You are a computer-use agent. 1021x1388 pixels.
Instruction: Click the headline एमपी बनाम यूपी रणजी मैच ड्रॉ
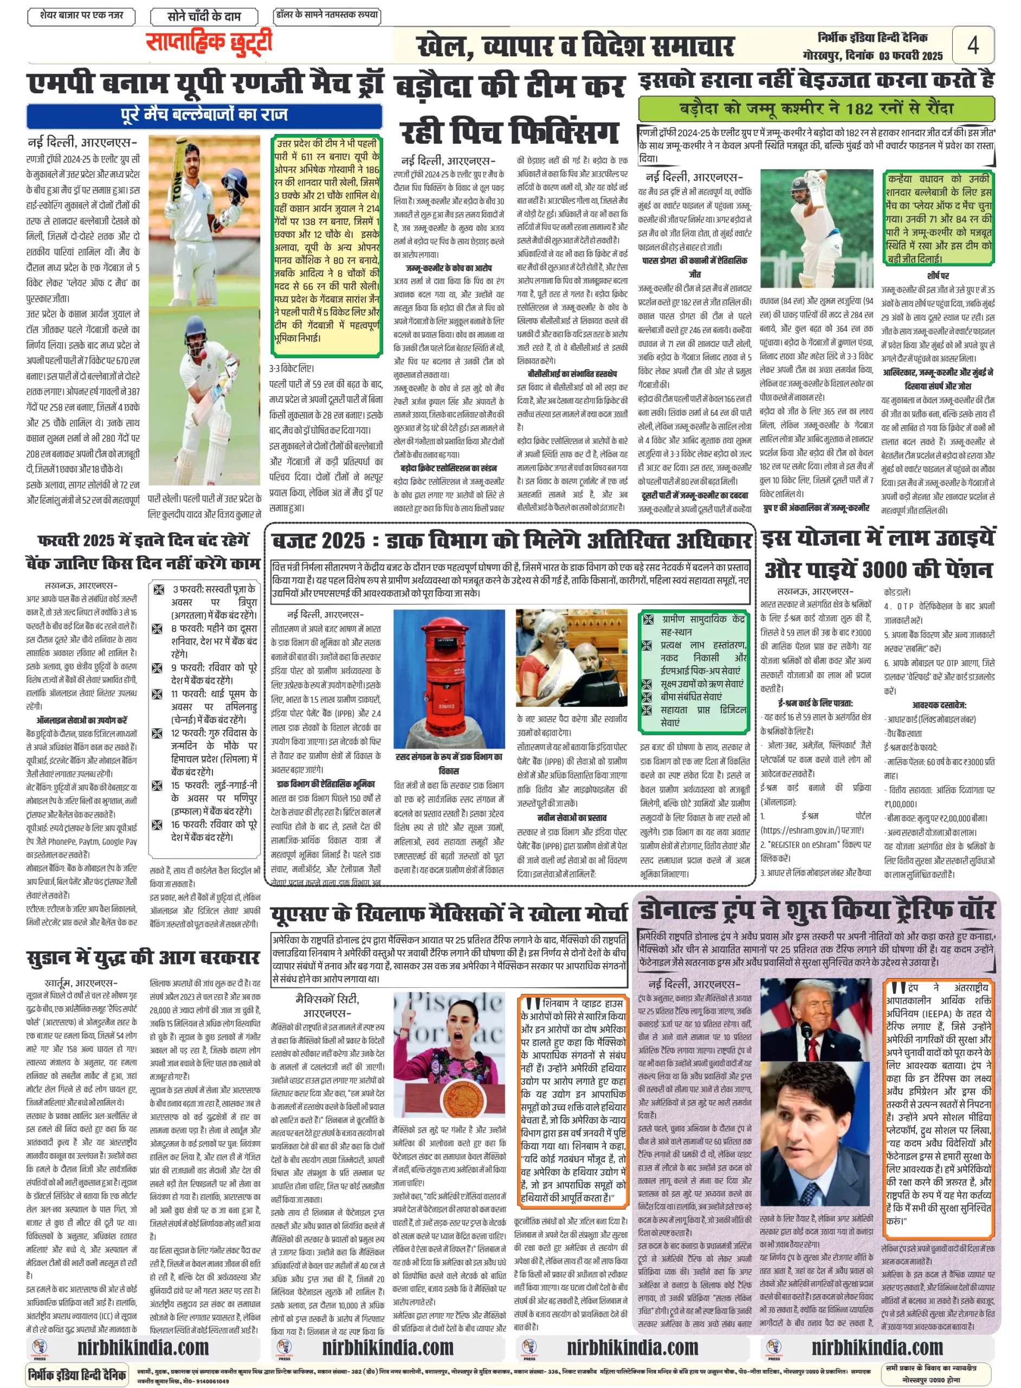pyautogui.click(x=205, y=84)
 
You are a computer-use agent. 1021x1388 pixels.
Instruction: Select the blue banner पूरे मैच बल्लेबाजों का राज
pyautogui.click(x=204, y=115)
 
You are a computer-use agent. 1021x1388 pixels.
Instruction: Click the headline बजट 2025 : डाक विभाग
pyautogui.click(x=511, y=541)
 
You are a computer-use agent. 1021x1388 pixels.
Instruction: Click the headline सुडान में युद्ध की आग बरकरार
pyautogui.click(x=143, y=958)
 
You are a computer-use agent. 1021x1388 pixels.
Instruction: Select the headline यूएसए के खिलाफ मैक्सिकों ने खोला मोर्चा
pyautogui.click(x=449, y=913)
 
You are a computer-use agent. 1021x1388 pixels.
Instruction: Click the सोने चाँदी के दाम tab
pyautogui.click(x=203, y=16)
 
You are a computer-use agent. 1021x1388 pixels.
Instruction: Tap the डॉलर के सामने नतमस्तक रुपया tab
pyautogui.click(x=327, y=15)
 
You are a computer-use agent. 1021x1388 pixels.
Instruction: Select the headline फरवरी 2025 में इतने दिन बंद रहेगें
pyautogui.click(x=144, y=539)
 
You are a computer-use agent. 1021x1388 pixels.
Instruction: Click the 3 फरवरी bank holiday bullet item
pyautogui.click(x=213, y=595)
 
